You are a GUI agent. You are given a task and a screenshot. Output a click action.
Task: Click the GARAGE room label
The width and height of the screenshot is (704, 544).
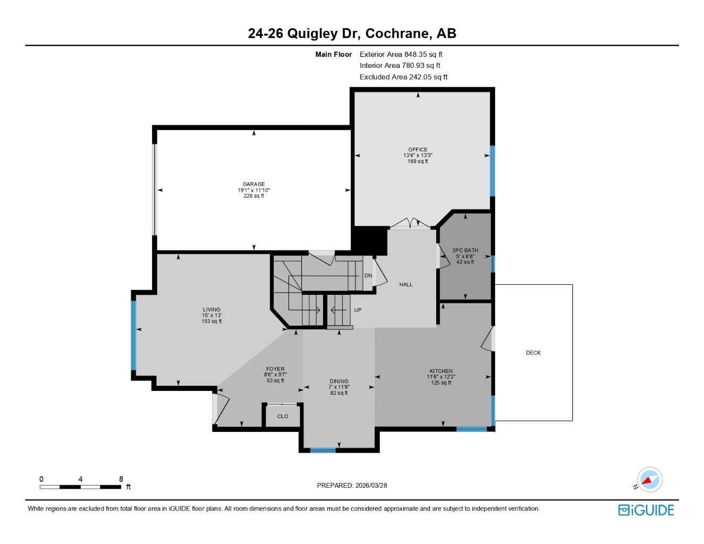click(254, 184)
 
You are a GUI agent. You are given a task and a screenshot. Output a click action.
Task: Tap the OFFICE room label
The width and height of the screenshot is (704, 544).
click(418, 150)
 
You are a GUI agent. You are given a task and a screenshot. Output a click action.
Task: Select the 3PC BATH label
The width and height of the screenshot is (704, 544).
click(465, 250)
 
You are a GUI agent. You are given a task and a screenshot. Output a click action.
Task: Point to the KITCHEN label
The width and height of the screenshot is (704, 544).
click(441, 371)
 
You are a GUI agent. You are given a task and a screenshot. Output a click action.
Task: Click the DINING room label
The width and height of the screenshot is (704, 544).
click(339, 381)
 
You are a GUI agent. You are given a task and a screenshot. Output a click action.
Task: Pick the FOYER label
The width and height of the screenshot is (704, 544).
click(275, 369)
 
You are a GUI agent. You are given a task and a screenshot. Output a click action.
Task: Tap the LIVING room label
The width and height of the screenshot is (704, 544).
click(211, 310)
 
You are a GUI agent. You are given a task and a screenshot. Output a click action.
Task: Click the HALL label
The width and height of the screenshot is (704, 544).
click(406, 285)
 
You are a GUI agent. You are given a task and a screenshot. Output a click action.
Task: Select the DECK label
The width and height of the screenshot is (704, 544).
click(533, 353)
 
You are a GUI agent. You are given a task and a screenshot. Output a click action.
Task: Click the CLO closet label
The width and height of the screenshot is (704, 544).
click(283, 416)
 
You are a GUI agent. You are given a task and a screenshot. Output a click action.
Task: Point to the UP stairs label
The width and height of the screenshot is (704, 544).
click(358, 310)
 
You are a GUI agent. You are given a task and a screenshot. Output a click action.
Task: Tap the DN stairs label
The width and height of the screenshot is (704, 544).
click(368, 276)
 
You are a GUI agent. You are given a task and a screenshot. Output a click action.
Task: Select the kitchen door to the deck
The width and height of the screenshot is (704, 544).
click(487, 340)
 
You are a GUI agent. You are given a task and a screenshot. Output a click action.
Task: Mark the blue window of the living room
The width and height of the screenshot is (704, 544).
click(133, 335)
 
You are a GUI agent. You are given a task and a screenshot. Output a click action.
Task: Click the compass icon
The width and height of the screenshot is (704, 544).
click(649, 480)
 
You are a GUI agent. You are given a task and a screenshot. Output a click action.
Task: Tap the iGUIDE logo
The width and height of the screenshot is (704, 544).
click(646, 510)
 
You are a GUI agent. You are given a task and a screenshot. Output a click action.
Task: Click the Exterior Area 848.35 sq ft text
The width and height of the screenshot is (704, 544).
click(401, 54)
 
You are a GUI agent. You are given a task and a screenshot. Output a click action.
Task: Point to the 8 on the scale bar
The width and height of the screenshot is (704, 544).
click(121, 479)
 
